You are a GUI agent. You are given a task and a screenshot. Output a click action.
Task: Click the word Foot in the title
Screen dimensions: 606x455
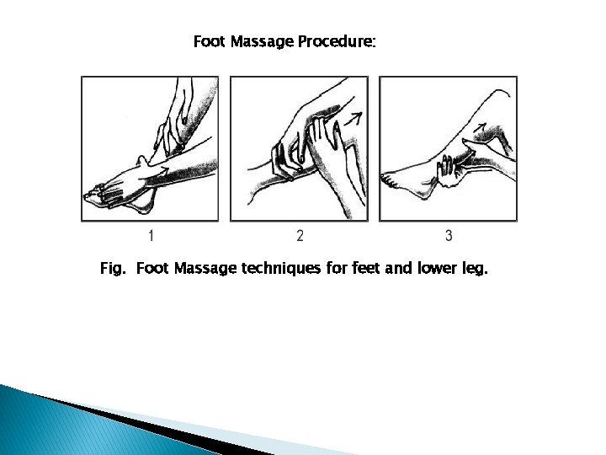pos(209,41)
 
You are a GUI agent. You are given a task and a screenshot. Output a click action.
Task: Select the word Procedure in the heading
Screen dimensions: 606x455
pos(336,41)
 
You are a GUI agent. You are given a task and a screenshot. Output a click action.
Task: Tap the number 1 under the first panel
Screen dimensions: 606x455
pos(151,235)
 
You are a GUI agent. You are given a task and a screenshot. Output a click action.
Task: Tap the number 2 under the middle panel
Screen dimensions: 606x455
pos(300,235)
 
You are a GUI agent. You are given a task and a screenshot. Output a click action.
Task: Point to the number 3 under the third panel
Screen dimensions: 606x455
pos(449,235)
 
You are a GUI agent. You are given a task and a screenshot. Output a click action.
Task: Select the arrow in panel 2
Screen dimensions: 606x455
pos(353,119)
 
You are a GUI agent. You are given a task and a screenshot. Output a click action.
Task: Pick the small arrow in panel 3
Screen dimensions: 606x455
pos(480,127)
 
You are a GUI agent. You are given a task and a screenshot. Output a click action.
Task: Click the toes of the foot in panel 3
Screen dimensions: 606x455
pos(388,180)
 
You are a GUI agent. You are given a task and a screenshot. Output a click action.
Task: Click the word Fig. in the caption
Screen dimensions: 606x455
pos(113,268)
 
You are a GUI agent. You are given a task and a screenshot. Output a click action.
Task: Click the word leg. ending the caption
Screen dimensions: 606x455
pos(475,269)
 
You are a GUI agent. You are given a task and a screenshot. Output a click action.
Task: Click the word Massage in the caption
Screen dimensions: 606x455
pos(205,268)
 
